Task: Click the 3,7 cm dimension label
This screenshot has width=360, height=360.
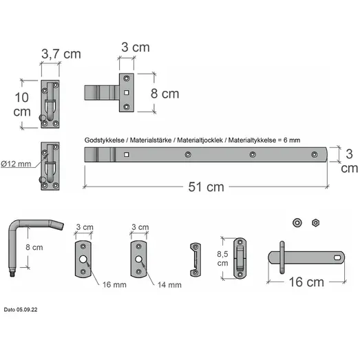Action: tap(61, 54)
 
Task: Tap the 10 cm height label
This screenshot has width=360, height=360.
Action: tap(22, 105)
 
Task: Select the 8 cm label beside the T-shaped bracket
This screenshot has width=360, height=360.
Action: tap(165, 94)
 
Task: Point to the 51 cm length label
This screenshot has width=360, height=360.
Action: tap(206, 187)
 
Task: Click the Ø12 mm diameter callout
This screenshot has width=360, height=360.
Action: tap(16, 164)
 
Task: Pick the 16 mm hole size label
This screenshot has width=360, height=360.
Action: tap(114, 285)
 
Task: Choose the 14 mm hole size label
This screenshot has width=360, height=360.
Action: tap(169, 285)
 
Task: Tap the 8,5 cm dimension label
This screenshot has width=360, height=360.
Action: tap(222, 259)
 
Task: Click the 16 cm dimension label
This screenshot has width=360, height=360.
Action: tap(306, 282)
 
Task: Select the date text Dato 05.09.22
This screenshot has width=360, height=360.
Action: tap(21, 310)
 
